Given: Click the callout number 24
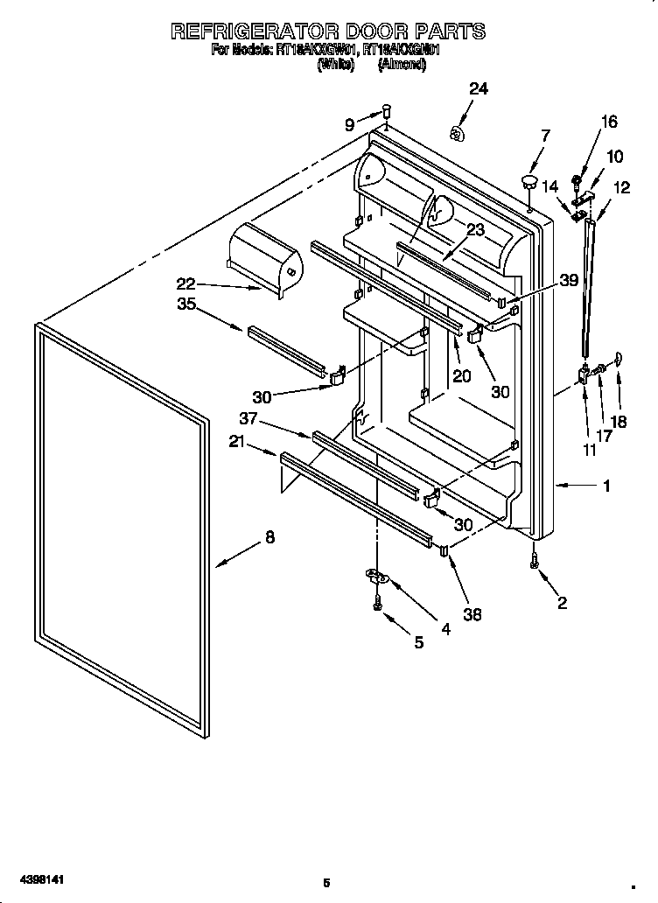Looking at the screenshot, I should click(478, 88).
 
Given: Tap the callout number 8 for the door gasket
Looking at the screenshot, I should click(269, 538).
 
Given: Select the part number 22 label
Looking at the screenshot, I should click(185, 283).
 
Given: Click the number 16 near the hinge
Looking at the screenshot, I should click(609, 122).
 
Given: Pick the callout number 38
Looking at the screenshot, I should click(472, 615).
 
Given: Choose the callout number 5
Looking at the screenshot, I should click(418, 642).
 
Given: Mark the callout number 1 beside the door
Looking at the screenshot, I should click(606, 486).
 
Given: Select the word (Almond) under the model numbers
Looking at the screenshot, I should click(402, 65).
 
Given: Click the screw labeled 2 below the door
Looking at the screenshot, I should click(534, 563).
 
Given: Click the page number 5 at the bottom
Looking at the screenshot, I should click(325, 882).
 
